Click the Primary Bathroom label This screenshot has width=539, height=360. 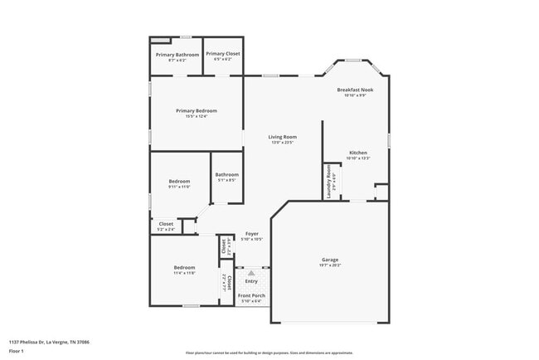click(x=177, y=55)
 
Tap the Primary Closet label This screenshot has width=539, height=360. click(x=223, y=54)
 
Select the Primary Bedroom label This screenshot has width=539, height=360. click(x=197, y=110)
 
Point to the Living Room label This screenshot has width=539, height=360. click(x=283, y=137)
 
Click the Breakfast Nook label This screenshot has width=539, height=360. click(x=355, y=90)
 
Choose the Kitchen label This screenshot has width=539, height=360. click(x=358, y=153)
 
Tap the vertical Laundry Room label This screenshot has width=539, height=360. click(x=328, y=176)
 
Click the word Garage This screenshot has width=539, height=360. click(x=330, y=260)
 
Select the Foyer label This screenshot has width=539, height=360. click(x=252, y=234)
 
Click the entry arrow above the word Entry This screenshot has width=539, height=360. click(x=251, y=272)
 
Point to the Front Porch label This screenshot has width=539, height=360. click(x=250, y=296)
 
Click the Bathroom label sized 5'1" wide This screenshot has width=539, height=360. click(x=227, y=174)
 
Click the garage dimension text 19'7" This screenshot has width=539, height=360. click(x=330, y=265)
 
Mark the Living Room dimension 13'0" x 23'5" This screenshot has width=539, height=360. click(x=283, y=143)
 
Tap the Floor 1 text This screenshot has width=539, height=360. click(x=17, y=352)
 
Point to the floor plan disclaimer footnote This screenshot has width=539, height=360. click(x=268, y=352)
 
